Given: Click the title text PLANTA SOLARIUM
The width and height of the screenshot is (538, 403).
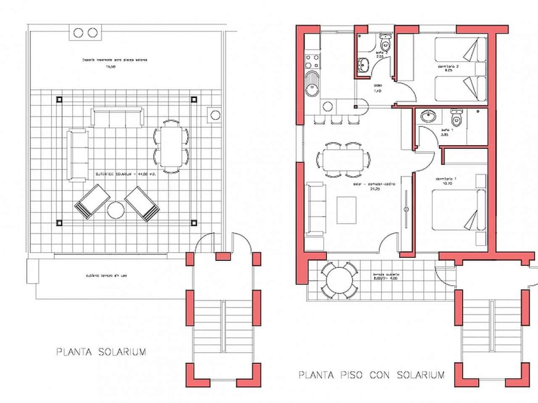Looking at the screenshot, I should click(101, 351).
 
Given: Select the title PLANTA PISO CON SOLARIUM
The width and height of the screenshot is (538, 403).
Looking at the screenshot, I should click(371, 374).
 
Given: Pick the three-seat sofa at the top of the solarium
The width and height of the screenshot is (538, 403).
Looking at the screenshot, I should click(117, 117).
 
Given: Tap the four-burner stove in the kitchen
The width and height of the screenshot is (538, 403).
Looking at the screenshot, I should click(312, 61).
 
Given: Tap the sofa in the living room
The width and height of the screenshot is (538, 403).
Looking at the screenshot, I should click(316, 209).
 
